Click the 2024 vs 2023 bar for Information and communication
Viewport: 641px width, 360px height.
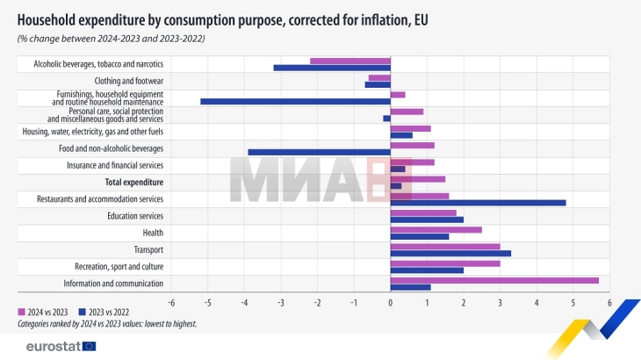[x=494, y=280]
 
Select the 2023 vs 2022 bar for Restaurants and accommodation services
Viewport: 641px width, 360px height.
[x=478, y=203]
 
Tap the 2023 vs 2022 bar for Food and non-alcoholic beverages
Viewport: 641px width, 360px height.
[x=319, y=152]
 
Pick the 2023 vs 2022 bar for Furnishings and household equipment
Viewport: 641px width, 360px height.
[x=295, y=102]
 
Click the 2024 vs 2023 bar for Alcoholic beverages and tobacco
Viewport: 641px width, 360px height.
[x=350, y=61]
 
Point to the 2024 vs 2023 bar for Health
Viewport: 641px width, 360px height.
[x=436, y=229]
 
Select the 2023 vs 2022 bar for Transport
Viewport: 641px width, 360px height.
[x=450, y=254]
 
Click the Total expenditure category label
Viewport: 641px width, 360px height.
[x=134, y=183]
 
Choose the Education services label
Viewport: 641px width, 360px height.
[x=135, y=216]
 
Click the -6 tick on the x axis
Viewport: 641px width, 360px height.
[x=171, y=302]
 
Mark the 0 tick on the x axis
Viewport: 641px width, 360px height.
[x=390, y=302]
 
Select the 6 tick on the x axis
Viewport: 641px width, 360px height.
[x=609, y=302]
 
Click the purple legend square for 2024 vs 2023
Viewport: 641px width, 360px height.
[x=22, y=312]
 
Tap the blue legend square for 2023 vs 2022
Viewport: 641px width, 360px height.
[x=82, y=312]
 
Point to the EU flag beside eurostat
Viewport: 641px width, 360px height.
[x=90, y=346]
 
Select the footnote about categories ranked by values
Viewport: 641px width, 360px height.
[x=106, y=324]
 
